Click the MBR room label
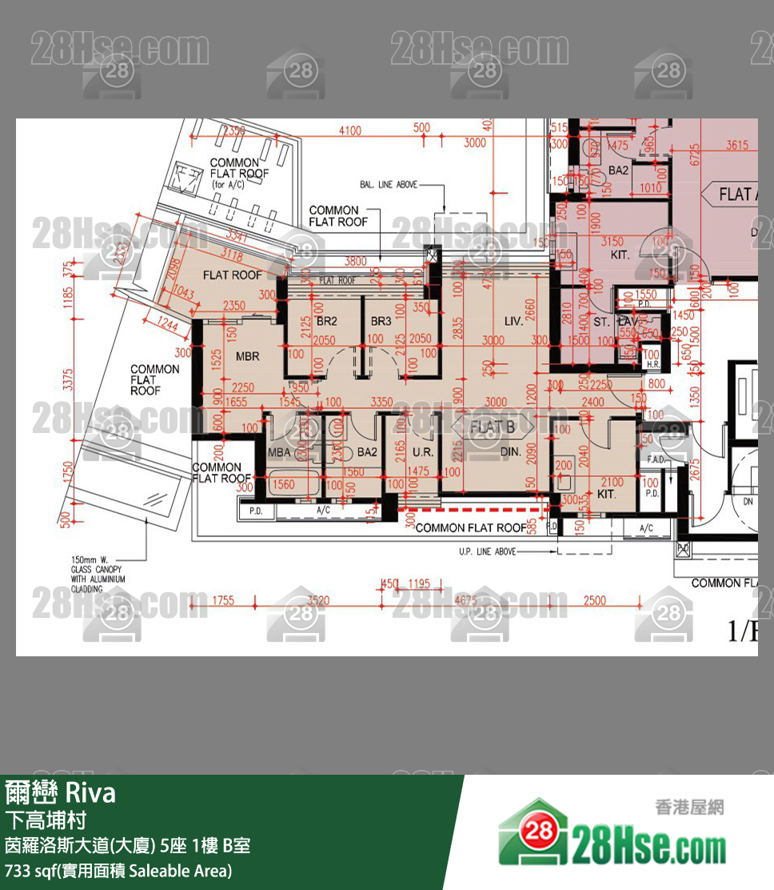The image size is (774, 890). pos(248,355)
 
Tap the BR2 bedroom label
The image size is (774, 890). pos(326,321)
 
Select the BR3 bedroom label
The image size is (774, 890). pos(381,321)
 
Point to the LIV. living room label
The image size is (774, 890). pos(513,321)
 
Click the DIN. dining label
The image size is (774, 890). pos(510,452)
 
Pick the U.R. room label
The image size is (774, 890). pos(422,452)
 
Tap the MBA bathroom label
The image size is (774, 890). pos(279,452)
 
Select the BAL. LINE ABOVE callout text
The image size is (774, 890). pos(389,185)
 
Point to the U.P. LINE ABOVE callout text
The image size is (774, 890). pos(487,551)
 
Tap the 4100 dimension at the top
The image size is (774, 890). pos(350,130)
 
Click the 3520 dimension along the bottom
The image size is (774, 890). pos(318,599)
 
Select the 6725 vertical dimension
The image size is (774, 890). pos(694,154)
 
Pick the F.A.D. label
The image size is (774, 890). pos(649,459)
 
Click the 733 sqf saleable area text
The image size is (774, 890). pos(118,870)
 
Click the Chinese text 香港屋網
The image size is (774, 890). pos(688,807)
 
